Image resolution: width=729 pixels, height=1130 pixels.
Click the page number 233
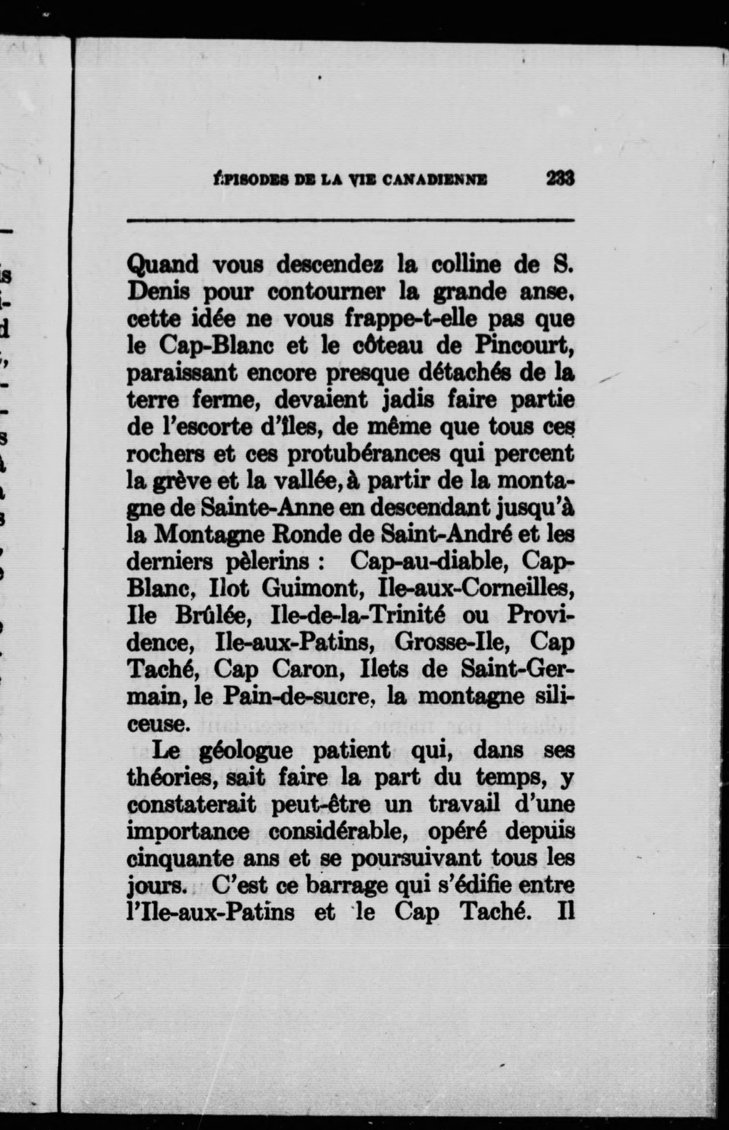[x=560, y=178]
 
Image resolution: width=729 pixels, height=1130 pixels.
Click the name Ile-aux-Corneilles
[x=477, y=589]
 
